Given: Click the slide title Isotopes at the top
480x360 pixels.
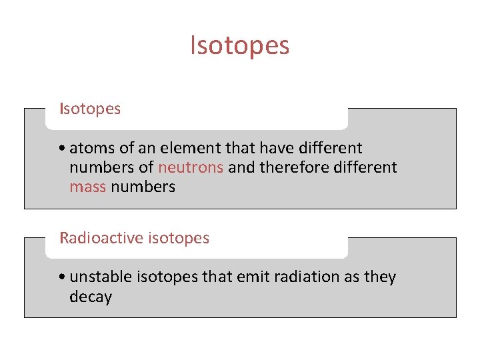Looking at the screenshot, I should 240,46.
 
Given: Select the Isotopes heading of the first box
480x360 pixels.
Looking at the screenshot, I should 90,109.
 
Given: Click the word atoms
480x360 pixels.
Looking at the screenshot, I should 89,148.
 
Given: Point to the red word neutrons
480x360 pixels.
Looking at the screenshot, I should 190,167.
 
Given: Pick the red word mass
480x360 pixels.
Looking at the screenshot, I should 87,187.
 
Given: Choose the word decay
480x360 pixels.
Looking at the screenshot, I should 90,297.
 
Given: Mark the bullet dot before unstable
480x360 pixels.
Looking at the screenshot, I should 61,277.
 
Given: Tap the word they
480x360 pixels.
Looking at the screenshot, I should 380,277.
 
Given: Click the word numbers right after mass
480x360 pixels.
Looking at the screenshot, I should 143,187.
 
